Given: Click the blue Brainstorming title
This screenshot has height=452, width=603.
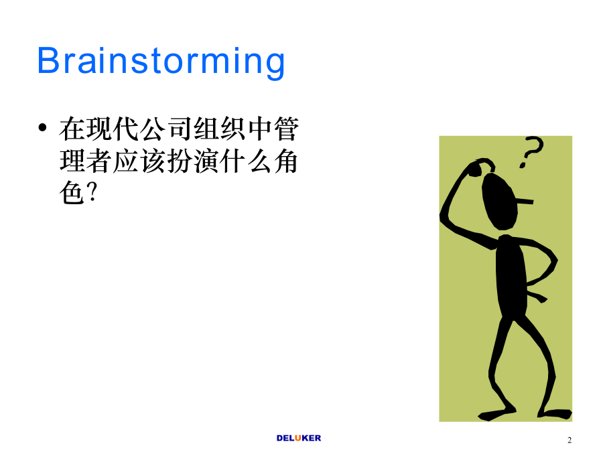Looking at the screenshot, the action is [x=161, y=62].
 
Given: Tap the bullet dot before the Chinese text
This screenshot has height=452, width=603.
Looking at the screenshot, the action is [x=43, y=127].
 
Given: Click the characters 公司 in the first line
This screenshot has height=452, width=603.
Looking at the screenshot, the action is [x=153, y=129].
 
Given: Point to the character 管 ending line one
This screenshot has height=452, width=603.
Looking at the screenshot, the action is [x=287, y=129].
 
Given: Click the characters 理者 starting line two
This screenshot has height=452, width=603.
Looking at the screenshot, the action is [x=85, y=161].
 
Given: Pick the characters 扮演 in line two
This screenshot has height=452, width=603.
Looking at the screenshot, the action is [x=193, y=161].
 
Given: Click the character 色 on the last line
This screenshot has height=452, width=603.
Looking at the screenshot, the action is [x=72, y=193].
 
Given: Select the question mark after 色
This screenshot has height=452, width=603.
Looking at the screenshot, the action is [x=92, y=193].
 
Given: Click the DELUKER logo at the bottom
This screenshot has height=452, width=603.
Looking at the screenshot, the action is [x=298, y=438].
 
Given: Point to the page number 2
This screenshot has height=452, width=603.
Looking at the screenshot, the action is [x=569, y=440].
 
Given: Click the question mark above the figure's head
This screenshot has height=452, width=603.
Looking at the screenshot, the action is [x=531, y=152].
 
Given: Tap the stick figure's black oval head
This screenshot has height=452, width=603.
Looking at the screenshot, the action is [x=500, y=202].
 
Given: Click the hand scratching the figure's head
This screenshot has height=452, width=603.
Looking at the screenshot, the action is [x=479, y=167].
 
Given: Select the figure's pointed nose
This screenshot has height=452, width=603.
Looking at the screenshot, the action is [x=525, y=201].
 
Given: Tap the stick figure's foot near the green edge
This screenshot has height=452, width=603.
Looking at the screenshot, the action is [x=555, y=414].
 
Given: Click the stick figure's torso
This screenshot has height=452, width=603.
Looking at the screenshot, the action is [x=511, y=276].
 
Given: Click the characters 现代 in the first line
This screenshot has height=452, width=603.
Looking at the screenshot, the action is [x=113, y=129].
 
